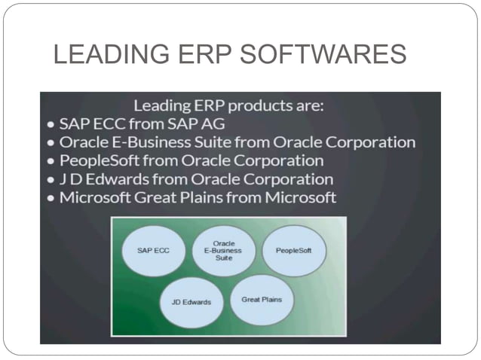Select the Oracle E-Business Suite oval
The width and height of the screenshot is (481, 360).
(x=223, y=249)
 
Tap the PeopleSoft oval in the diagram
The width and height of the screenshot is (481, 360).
(x=294, y=250)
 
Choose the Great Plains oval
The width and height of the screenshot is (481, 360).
(x=261, y=299)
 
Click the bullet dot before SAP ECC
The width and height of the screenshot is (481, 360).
(x=50, y=124)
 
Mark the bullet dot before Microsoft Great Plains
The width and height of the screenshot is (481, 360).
(x=50, y=198)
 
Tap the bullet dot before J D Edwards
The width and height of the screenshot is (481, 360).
(x=50, y=180)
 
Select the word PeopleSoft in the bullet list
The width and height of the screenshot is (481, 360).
(x=97, y=160)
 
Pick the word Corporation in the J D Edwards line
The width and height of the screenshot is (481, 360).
(x=286, y=179)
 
